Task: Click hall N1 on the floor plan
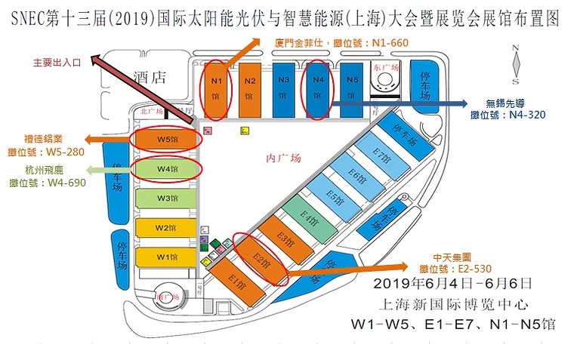[x=215, y=89]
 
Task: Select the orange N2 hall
[x=250, y=89]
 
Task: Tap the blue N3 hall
[x=284, y=89]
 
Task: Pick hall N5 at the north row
[x=351, y=89]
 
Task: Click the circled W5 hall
[x=166, y=140]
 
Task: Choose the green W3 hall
[x=166, y=198]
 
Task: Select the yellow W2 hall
[x=166, y=227]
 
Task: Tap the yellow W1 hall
[x=166, y=257]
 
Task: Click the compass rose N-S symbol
[x=515, y=65]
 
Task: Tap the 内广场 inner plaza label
[x=284, y=158]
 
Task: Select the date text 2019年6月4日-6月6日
[x=453, y=285]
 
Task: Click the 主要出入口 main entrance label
[x=58, y=62]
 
